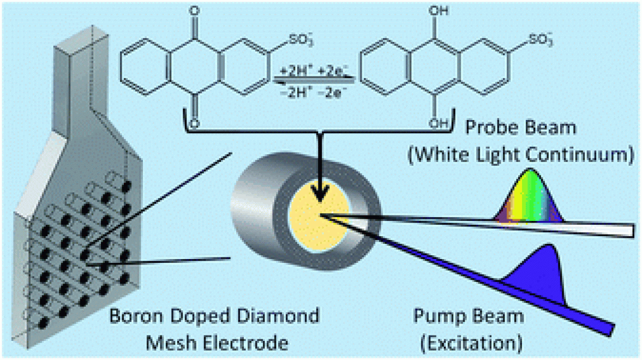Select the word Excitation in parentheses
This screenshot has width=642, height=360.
click(468, 344)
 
